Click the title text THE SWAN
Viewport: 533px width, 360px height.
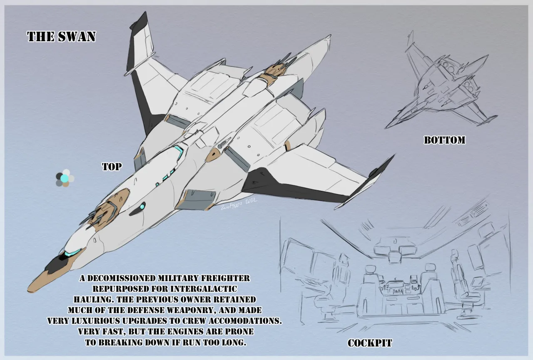pos(61,37)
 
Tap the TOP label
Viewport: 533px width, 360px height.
pos(112,167)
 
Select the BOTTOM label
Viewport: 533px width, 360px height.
pos(444,140)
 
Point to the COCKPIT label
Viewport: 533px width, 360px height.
pos(370,343)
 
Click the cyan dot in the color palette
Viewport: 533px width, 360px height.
pos(64,179)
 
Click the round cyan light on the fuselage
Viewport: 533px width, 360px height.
pos(142,206)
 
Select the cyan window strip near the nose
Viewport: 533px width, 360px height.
pos(73,252)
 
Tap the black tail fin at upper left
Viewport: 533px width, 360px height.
pos(137,42)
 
